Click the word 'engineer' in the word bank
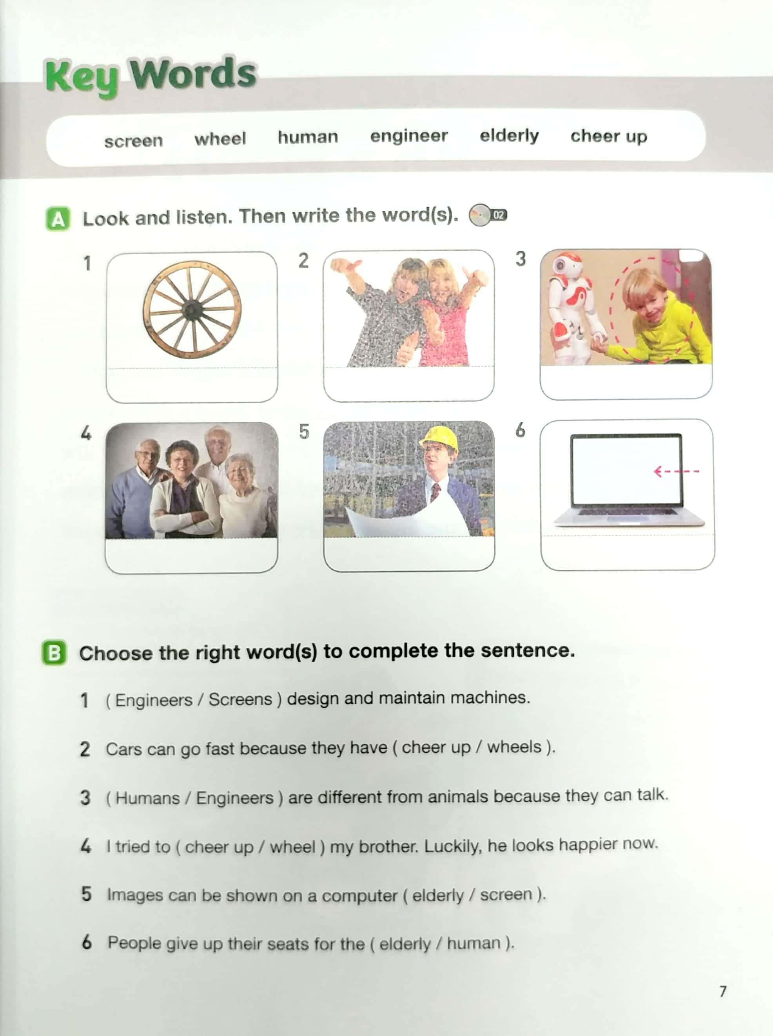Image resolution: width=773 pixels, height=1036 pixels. coord(408,136)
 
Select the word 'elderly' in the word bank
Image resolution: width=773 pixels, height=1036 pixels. coord(509,136)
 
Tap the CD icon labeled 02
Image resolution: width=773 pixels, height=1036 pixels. coord(488,215)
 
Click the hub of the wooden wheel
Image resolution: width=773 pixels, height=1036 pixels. coord(191,310)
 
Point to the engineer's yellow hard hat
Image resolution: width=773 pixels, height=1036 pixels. coord(439,438)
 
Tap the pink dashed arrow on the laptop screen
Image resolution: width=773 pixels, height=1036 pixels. coord(676,471)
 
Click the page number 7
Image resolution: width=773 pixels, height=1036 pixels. coord(723,991)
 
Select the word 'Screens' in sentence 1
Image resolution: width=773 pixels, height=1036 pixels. coord(240,699)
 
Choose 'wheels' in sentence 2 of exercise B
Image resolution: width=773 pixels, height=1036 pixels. coord(514,747)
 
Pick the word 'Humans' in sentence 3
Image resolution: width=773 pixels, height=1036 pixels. coord(147,798)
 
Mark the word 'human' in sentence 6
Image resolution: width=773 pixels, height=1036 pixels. coord(474,943)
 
